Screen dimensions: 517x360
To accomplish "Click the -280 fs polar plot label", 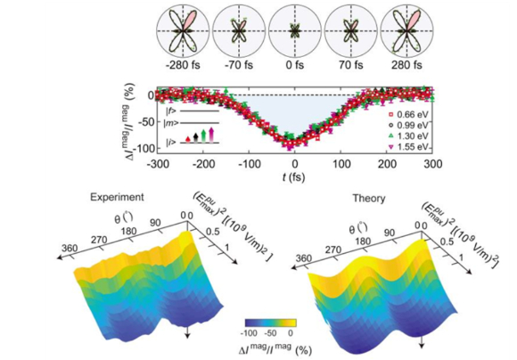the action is [183, 65].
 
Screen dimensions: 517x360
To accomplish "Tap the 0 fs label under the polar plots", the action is [295, 65].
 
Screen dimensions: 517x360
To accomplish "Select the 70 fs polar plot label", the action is [350, 65].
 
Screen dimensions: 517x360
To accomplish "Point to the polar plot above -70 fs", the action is [239, 31].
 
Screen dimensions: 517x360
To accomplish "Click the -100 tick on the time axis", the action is [249, 164].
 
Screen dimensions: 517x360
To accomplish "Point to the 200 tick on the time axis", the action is [387, 164].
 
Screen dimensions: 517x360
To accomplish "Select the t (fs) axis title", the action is [293, 177].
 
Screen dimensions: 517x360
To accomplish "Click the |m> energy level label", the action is [171, 123].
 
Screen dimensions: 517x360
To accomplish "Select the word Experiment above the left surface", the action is [117, 197].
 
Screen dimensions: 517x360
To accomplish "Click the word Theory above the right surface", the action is [369, 199].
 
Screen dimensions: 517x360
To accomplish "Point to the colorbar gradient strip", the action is [271, 323].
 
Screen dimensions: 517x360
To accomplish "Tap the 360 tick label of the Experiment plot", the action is [69, 248].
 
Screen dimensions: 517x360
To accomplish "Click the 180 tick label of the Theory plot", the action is [363, 241].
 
